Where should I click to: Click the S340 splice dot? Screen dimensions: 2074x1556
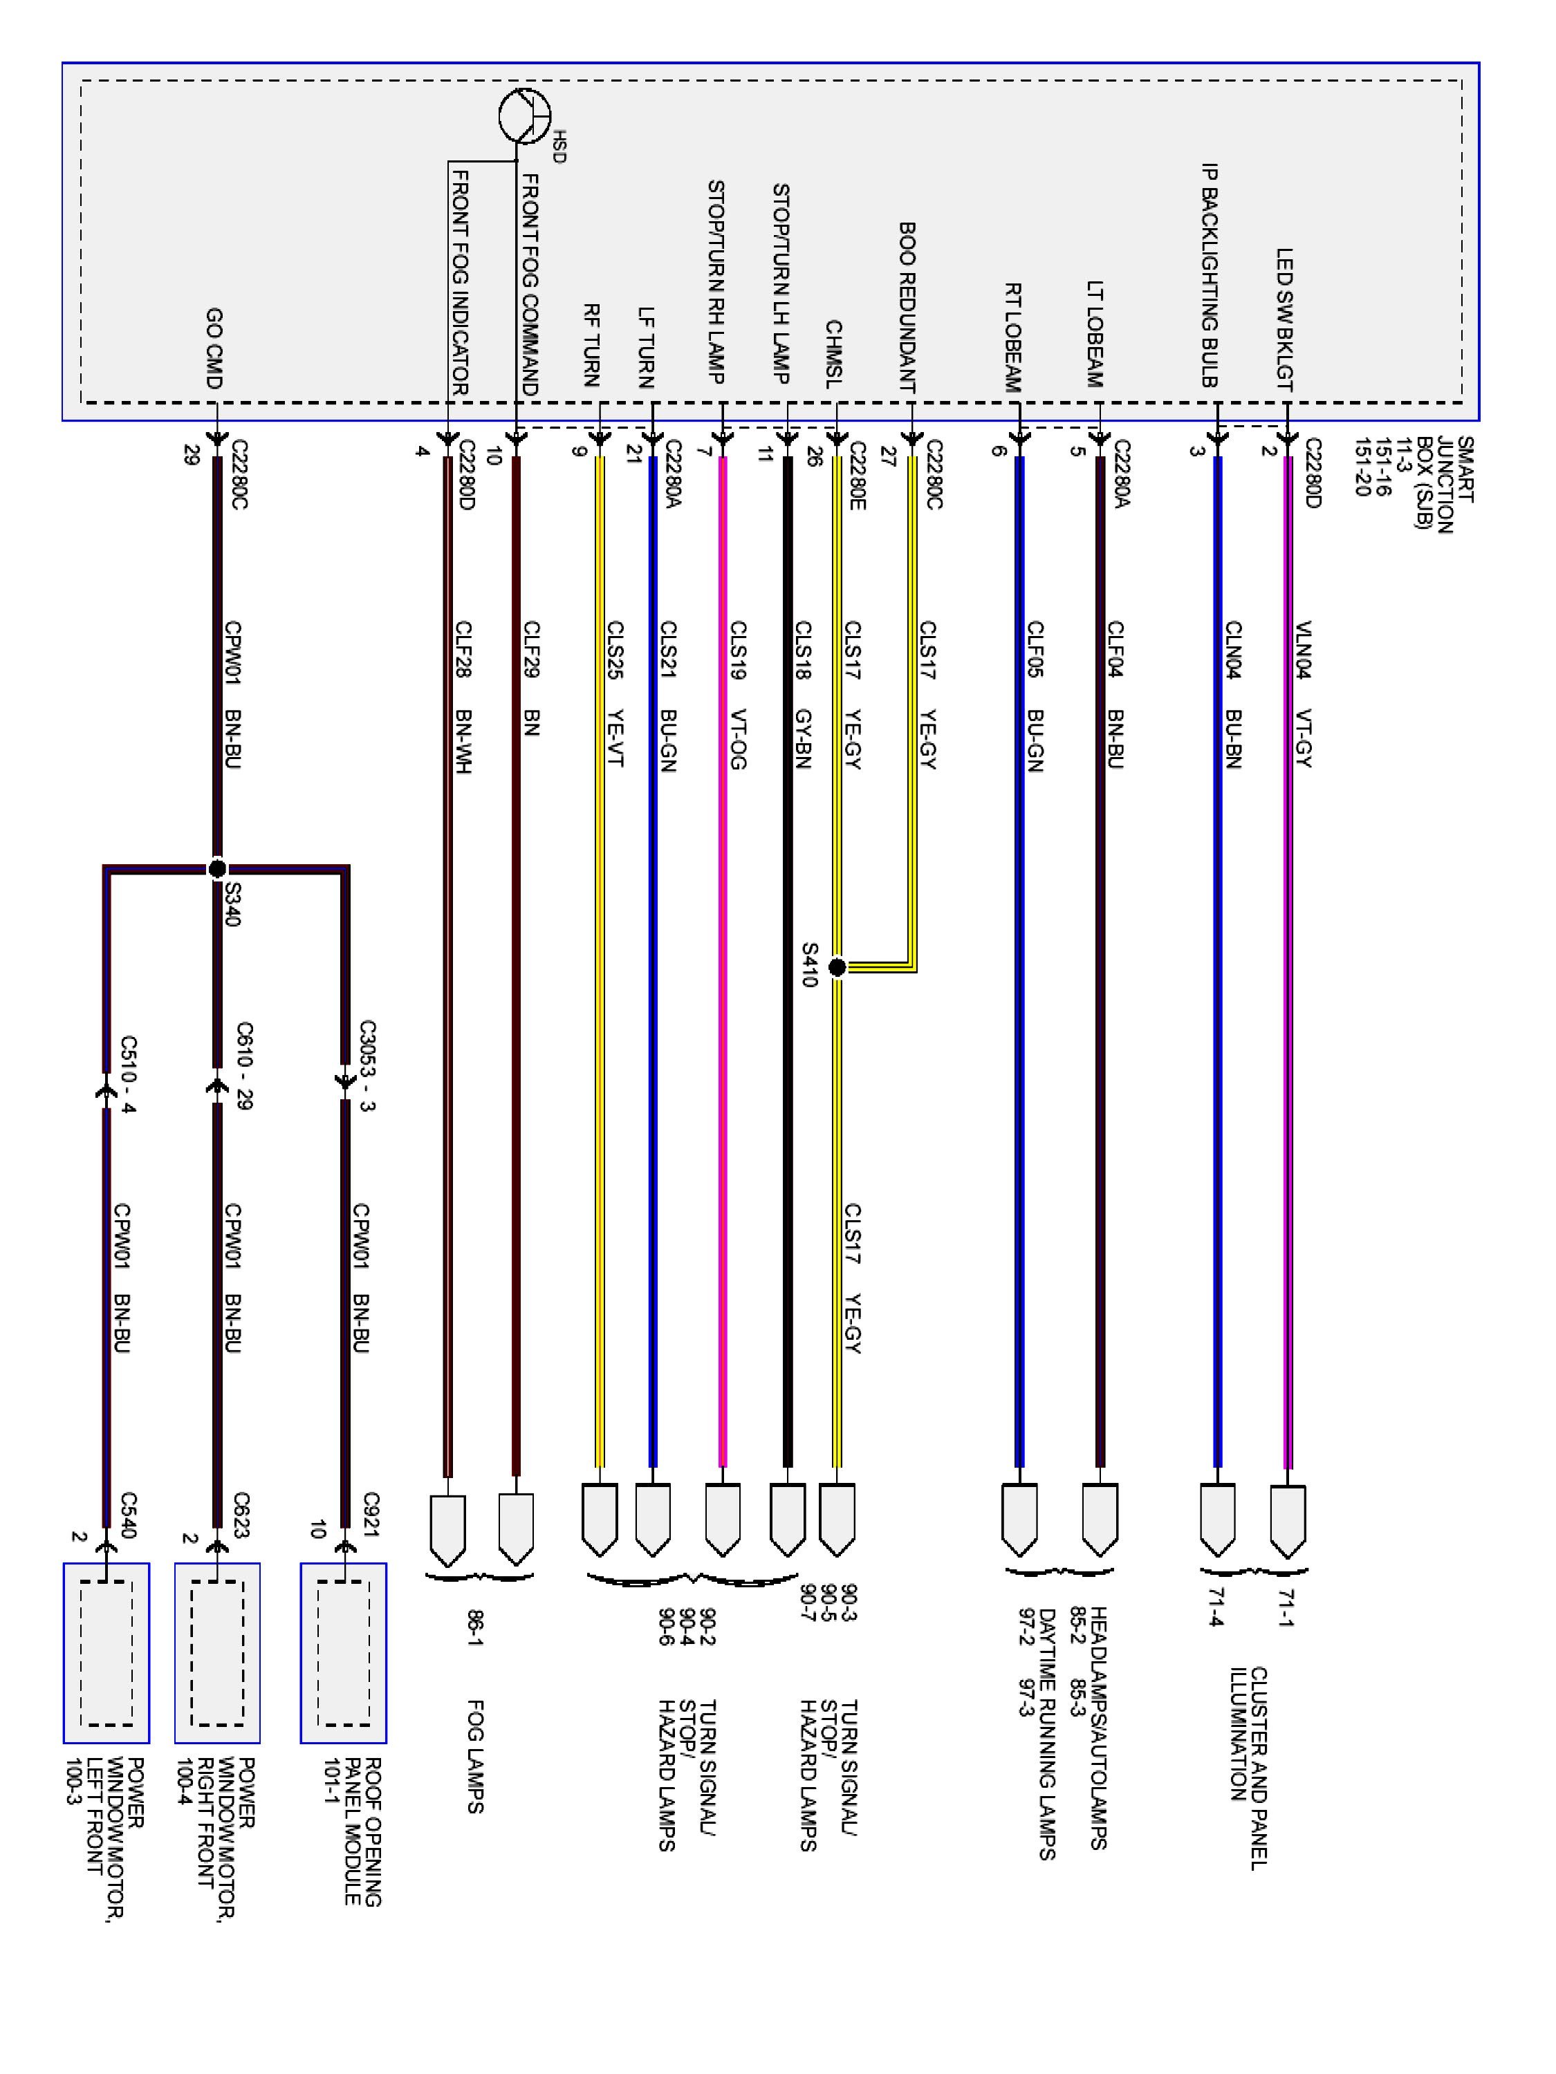click(216, 868)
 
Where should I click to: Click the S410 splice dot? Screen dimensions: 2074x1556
click(837, 966)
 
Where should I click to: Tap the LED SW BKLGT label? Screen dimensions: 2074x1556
click(1284, 319)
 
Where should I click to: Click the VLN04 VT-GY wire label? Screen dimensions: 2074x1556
click(1303, 695)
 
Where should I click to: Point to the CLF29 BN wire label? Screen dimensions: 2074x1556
click(531, 678)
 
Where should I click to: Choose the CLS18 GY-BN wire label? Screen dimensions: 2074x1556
click(803, 695)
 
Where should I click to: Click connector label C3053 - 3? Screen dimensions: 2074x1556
click(367, 1065)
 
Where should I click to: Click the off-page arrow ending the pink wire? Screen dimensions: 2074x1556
click(722, 1519)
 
